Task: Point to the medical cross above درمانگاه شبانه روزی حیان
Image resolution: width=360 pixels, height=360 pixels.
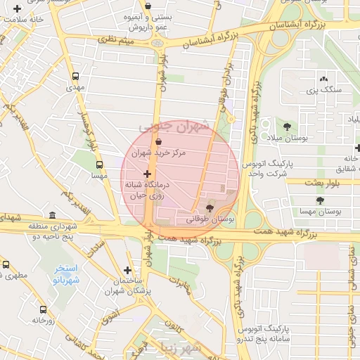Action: [x=147, y=173]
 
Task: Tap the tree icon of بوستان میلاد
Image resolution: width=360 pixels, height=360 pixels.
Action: [x=286, y=127]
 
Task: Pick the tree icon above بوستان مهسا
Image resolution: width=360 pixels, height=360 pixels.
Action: [x=320, y=200]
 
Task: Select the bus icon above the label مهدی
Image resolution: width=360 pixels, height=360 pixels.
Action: [x=75, y=77]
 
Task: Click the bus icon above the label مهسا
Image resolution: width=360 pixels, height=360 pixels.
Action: [x=99, y=164]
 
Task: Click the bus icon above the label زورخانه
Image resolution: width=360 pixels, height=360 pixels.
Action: [x=43, y=309]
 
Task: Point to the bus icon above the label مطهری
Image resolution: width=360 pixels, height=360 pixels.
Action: [x=6, y=265]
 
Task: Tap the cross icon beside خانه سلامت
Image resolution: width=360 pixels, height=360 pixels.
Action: [x=17, y=8]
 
